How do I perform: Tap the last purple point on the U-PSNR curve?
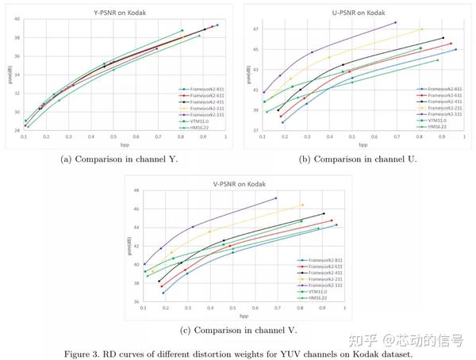pyautogui.click(x=395, y=22)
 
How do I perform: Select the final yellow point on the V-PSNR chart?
pyautogui.click(x=302, y=205)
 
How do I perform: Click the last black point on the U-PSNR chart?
pyautogui.click(x=443, y=38)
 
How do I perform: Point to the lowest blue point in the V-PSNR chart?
pyautogui.click(x=163, y=293)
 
